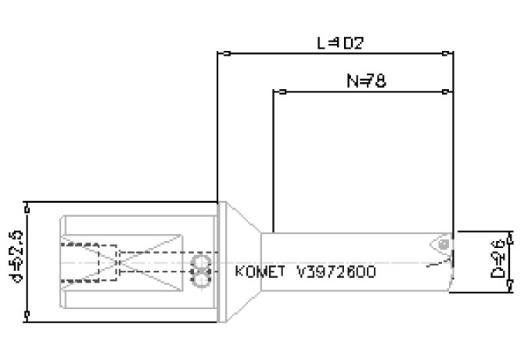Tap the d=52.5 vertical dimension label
click(13, 258)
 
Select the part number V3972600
click(336, 272)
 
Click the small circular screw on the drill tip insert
click(443, 245)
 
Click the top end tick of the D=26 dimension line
click(508, 232)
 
